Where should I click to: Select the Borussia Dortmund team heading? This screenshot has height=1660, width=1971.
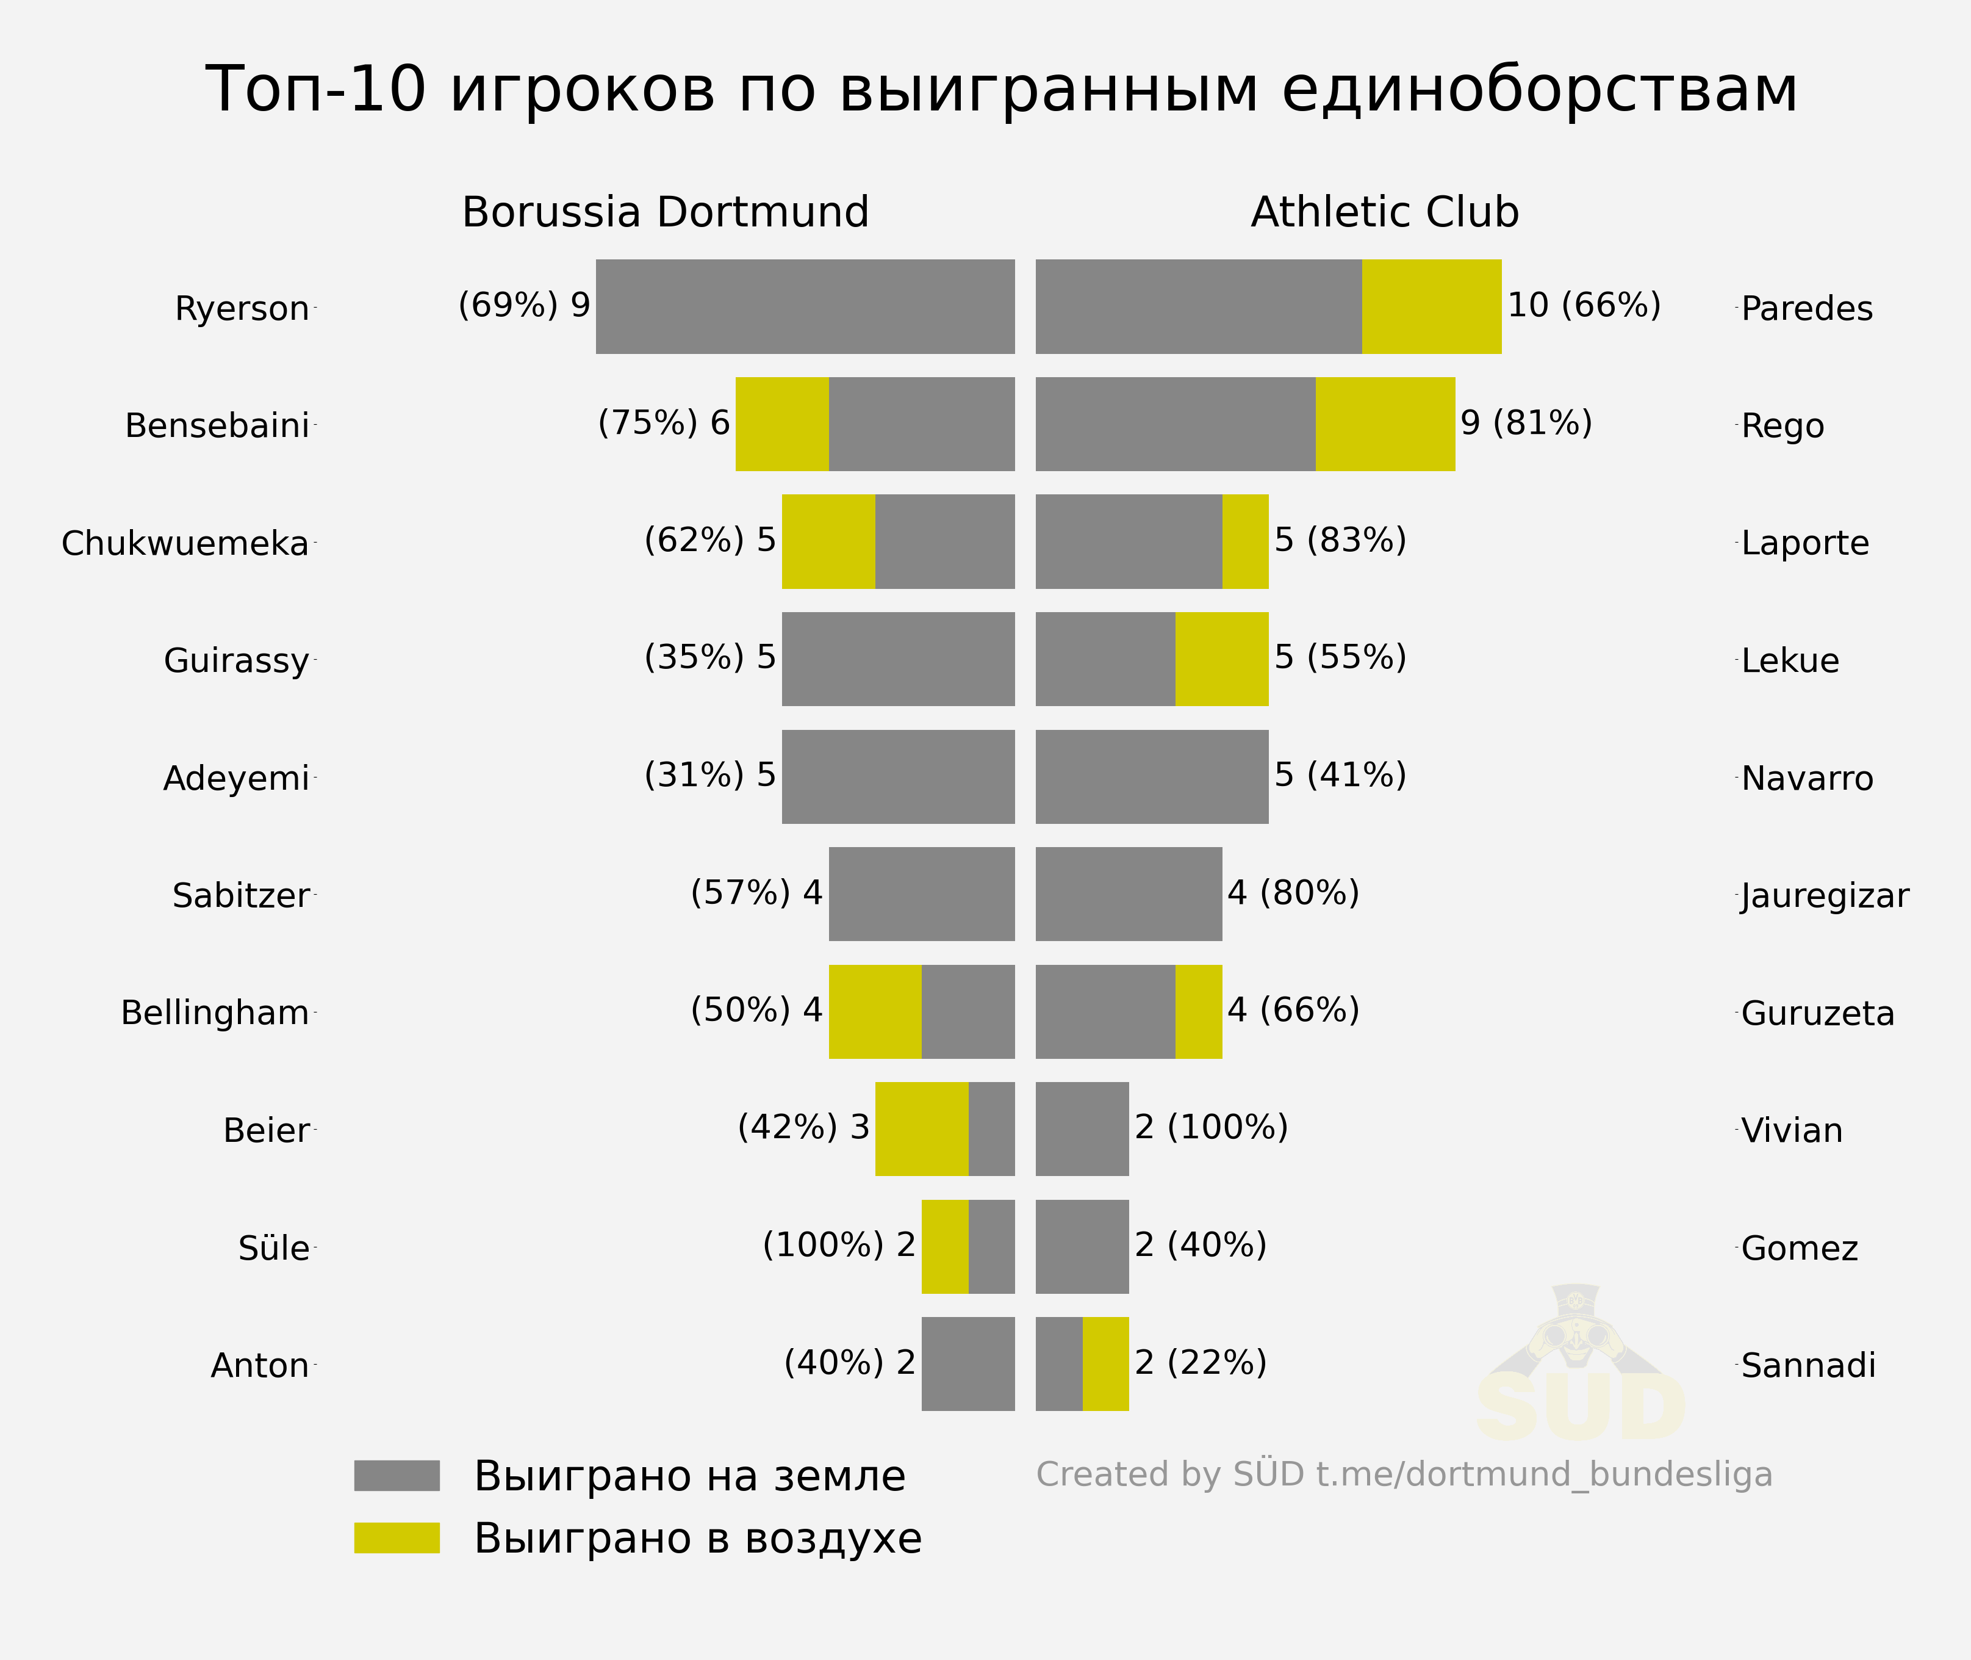point(665,212)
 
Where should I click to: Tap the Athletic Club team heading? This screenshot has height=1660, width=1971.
point(1384,212)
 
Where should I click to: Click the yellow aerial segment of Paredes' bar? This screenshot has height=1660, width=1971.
point(1431,307)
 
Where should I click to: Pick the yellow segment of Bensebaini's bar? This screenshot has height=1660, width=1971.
point(782,424)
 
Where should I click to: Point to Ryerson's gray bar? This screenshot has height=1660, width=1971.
point(805,307)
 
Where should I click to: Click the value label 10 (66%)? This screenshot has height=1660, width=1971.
point(1584,305)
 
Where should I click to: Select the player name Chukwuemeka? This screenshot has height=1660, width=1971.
point(185,543)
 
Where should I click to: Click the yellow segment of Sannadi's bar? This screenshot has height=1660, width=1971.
point(1105,1363)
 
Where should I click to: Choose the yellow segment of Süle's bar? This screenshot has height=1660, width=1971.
point(944,1246)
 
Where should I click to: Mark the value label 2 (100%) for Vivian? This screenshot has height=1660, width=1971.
point(1211,1127)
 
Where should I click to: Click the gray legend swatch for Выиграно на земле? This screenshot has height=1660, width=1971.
point(396,1476)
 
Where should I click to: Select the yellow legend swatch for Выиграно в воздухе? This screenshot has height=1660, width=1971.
point(396,1538)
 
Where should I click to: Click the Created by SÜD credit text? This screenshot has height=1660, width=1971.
point(1404,1474)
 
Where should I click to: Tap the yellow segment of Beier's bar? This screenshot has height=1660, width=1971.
point(921,1128)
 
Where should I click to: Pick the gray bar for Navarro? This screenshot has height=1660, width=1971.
point(1152,776)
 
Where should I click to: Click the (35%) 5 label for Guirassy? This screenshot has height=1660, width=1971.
point(709,657)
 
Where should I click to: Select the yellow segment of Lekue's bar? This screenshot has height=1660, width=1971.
point(1221,659)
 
